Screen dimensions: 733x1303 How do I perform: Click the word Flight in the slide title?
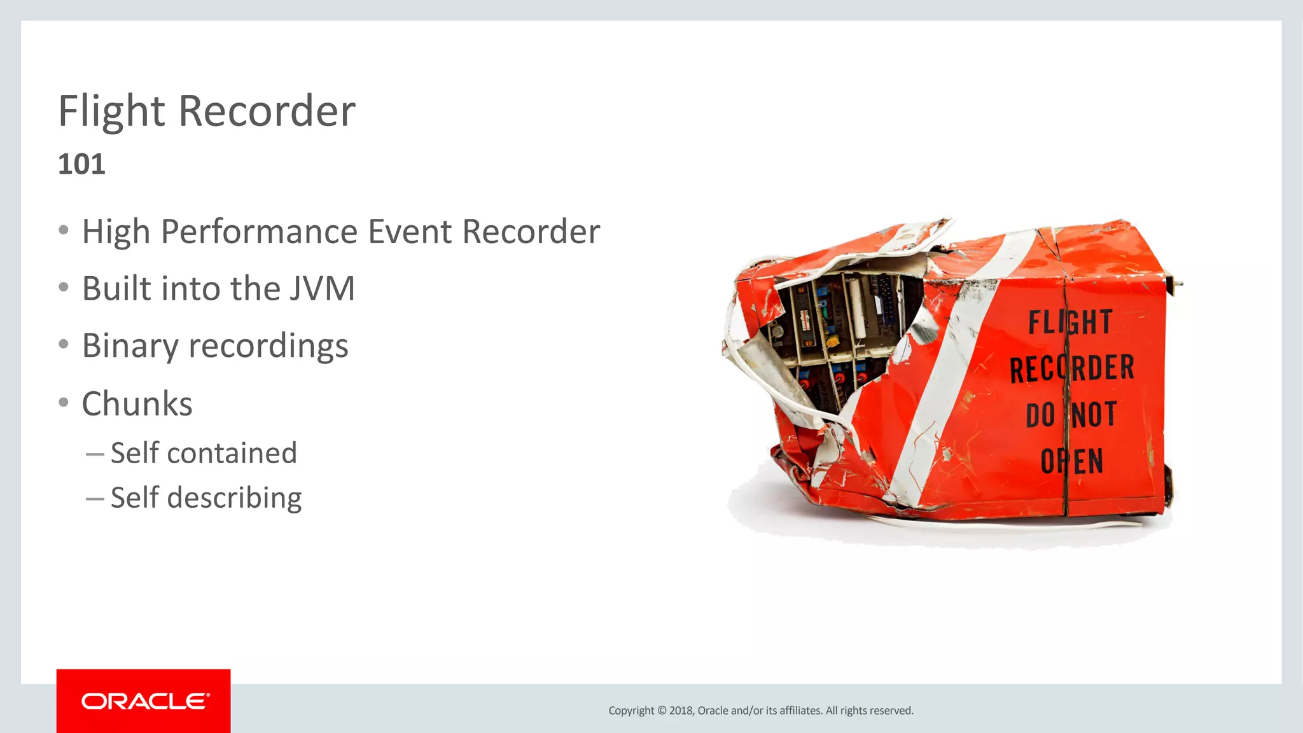pos(112,111)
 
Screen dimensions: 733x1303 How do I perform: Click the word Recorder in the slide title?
pos(267,111)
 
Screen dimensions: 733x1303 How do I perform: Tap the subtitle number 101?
pos(81,164)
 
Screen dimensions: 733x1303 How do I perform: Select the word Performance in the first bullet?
pos(260,231)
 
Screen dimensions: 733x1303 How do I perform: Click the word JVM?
pos(322,288)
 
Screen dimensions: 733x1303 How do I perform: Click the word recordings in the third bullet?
pos(268,346)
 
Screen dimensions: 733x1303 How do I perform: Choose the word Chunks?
pos(137,403)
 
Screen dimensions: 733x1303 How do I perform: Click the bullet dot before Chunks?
pos(63,403)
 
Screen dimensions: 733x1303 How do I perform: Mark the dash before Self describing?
pos(95,499)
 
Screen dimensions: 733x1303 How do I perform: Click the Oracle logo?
pos(144,701)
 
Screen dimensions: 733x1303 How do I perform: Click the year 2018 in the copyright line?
pos(681,711)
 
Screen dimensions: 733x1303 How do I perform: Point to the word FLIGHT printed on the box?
pos(1070,322)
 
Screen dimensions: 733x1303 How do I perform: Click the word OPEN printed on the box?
pos(1072,461)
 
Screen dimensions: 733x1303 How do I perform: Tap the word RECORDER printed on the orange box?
pos(1072,368)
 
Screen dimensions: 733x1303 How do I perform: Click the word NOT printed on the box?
pos(1094,415)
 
